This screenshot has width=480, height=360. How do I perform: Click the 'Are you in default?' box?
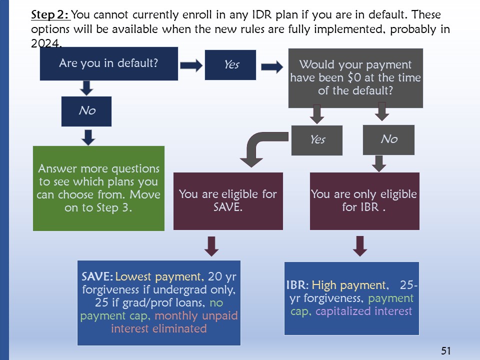(x=108, y=63)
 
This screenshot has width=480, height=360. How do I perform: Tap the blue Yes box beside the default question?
(x=230, y=64)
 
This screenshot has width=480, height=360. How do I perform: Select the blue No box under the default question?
(x=86, y=111)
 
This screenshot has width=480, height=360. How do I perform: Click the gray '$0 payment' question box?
(x=355, y=77)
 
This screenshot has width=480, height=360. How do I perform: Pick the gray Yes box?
(x=317, y=139)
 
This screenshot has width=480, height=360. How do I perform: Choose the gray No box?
(x=388, y=139)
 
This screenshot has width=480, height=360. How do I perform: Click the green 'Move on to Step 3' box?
(x=98, y=188)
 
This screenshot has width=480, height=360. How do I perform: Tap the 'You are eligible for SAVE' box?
(x=228, y=200)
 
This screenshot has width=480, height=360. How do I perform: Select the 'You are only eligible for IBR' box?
(x=363, y=200)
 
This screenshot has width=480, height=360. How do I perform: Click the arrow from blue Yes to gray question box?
(x=271, y=67)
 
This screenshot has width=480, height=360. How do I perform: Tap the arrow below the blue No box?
(x=88, y=136)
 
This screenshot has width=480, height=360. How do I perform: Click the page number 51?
(x=446, y=351)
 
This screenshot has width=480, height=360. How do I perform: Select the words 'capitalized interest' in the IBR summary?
(x=364, y=311)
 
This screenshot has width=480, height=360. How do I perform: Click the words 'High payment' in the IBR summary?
(x=349, y=285)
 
